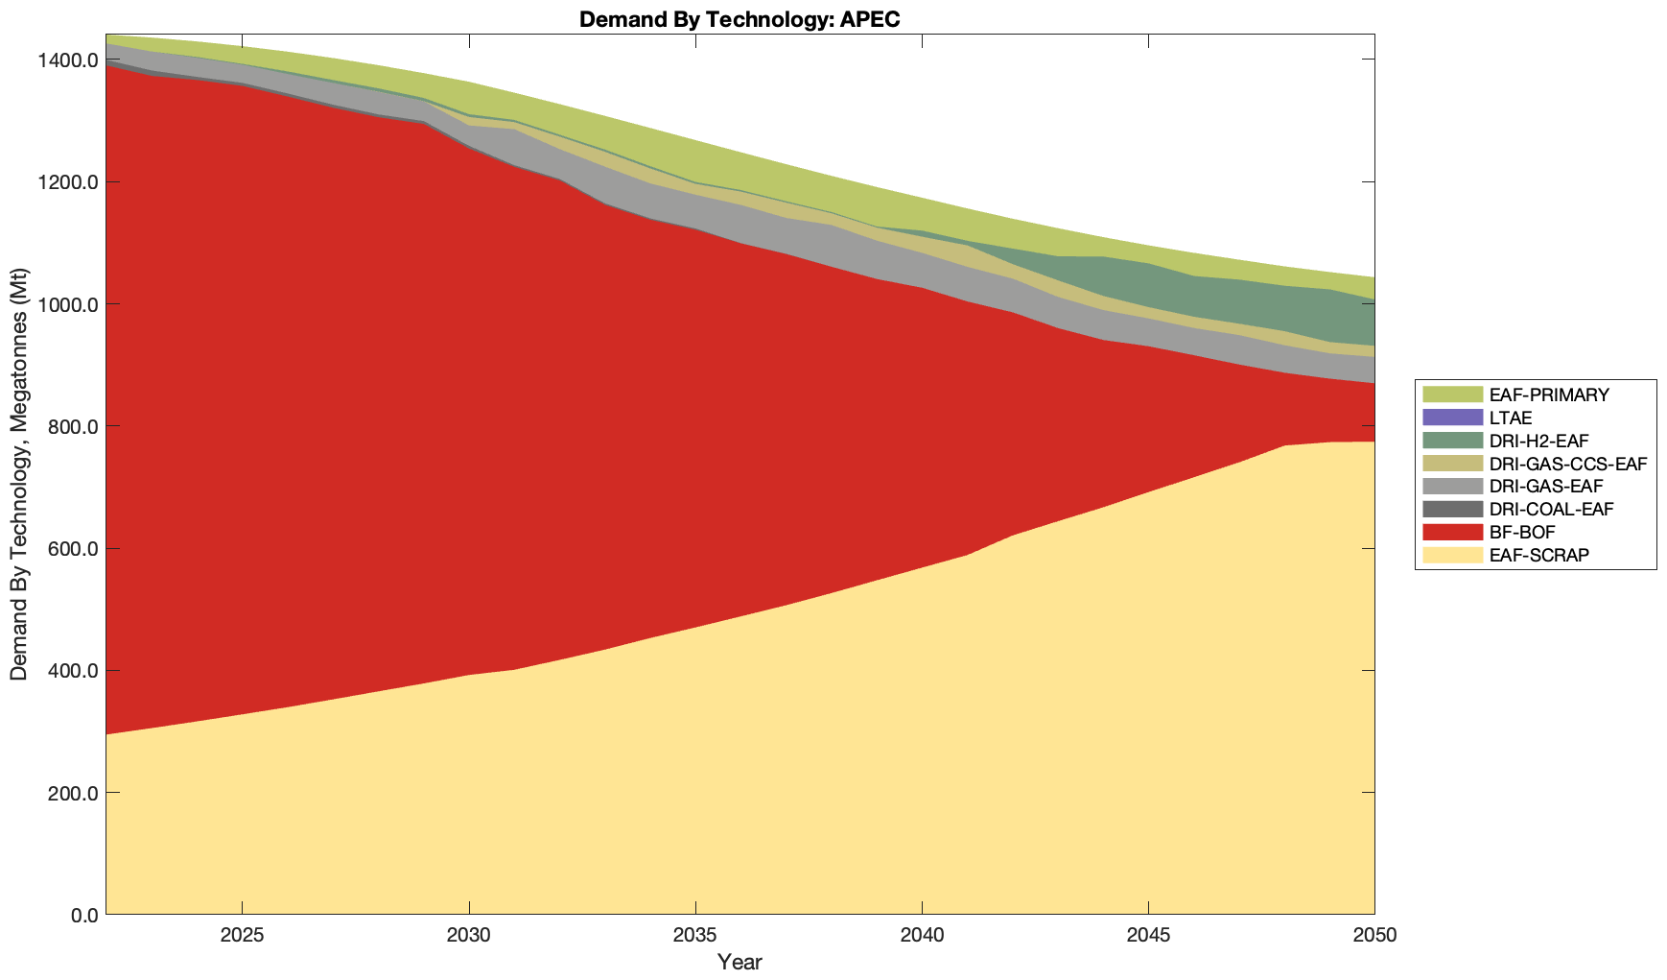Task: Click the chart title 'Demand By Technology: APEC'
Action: [x=740, y=19]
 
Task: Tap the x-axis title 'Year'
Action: [x=740, y=962]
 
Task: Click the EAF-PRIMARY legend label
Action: [x=1548, y=394]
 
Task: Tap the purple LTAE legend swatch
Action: [x=1452, y=418]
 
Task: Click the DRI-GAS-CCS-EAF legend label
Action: [x=1567, y=464]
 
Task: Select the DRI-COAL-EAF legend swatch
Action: [x=1452, y=509]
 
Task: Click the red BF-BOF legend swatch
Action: [x=1452, y=532]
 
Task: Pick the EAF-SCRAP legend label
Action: [x=1538, y=555]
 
